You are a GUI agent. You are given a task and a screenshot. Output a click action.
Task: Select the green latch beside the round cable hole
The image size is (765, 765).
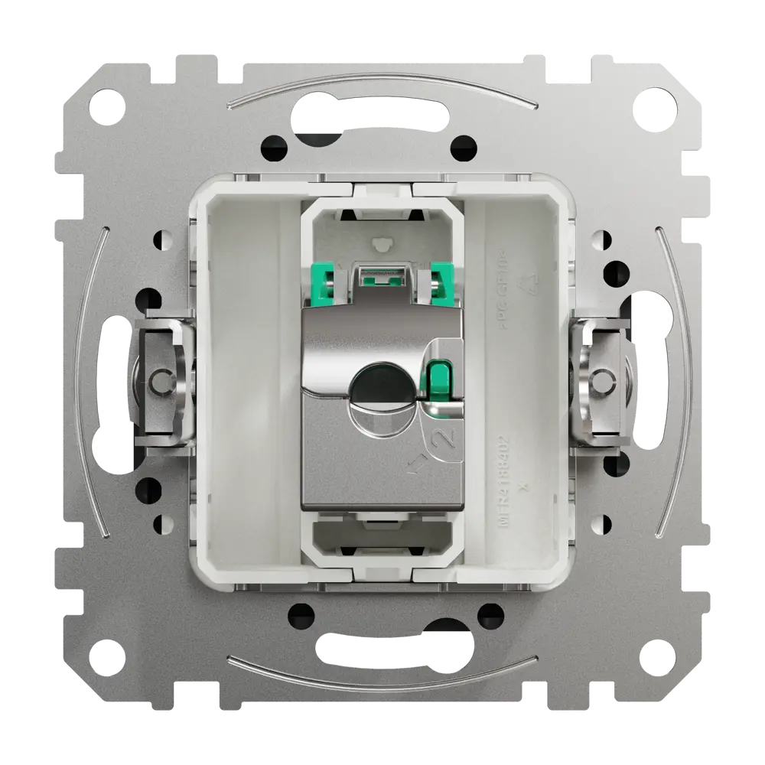tap(439, 383)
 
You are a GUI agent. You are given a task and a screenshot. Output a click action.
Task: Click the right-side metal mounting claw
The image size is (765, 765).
tap(604, 380)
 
